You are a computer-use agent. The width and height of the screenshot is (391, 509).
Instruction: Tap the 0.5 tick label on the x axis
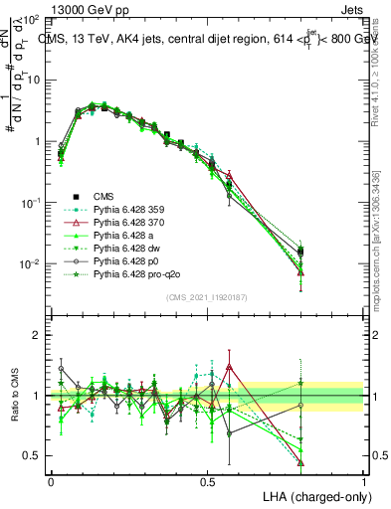coord(207,481)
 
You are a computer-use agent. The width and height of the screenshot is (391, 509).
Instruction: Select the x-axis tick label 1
coord(364,481)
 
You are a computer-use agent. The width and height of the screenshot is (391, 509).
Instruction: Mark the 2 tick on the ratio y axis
coord(38,335)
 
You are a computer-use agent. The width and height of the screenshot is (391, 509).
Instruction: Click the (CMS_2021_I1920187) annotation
coord(207,297)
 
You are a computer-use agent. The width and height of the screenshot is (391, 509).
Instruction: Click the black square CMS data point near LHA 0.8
coord(300,251)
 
